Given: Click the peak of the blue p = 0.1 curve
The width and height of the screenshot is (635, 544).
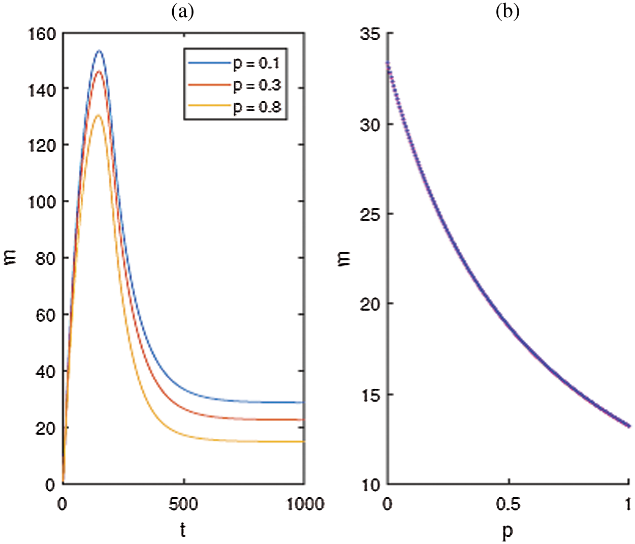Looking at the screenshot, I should pos(99,51).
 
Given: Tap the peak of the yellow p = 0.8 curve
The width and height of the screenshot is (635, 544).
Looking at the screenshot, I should pos(98,115).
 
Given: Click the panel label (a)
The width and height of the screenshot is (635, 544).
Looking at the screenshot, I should pos(182,11).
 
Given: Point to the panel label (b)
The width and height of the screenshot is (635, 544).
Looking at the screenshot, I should pos(507,11).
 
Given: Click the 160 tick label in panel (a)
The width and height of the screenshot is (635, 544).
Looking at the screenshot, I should pos(42,34).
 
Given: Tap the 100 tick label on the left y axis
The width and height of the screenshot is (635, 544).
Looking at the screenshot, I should pos(42,202).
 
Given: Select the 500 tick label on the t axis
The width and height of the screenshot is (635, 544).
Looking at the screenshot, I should pos(183,504).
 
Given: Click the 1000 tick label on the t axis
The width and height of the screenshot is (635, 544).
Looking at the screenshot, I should pos(304,504).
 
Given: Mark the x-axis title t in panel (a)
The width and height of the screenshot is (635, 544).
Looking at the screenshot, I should pos(183,530).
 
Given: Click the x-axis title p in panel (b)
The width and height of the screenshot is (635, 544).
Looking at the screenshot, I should pos(507,531).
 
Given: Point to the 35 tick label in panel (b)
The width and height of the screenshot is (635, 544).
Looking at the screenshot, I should pos(370,34).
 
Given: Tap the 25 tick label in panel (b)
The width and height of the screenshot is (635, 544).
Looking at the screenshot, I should pos(370,215).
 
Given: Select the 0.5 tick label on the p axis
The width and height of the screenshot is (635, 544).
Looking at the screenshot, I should pos(508,504).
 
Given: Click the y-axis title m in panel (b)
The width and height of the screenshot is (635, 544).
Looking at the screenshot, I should pos(345,259).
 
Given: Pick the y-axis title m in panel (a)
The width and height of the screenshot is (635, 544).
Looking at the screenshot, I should pos(11,258).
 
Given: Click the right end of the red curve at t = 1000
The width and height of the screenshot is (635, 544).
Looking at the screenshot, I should pos(303,420).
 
